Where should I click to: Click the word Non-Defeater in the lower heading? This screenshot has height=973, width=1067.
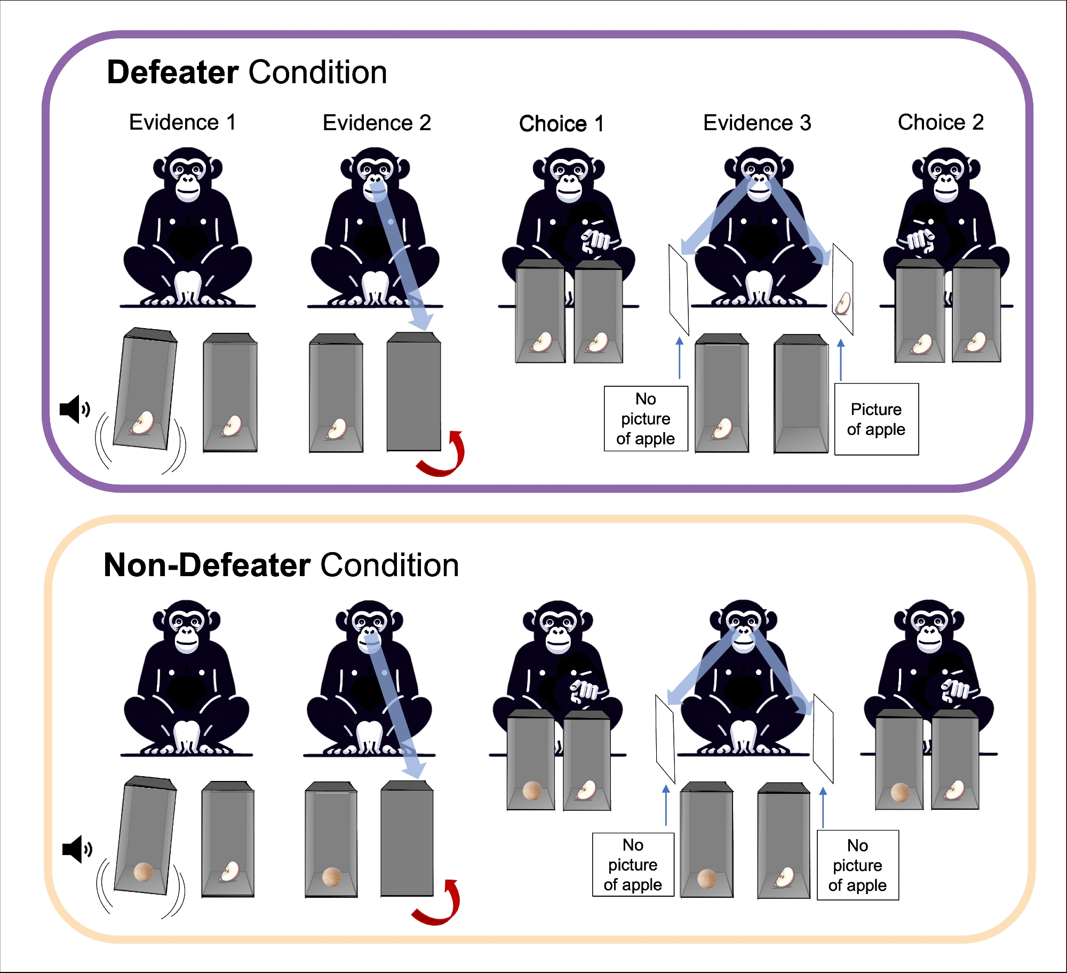click(x=207, y=565)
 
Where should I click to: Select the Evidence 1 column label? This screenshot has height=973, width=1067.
click(x=182, y=123)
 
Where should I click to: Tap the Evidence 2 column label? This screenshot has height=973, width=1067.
click(x=377, y=123)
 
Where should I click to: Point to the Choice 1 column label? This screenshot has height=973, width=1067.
click(x=561, y=124)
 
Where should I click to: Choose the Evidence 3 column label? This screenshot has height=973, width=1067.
click(x=757, y=123)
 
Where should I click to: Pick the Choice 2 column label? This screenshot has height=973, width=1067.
click(x=941, y=123)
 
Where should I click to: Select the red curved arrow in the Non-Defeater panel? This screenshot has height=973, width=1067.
click(x=438, y=904)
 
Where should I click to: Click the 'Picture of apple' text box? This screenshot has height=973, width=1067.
click(x=876, y=419)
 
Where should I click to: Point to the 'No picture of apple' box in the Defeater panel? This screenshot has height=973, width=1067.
click(x=646, y=419)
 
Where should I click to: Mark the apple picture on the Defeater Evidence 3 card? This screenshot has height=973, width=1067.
click(x=843, y=304)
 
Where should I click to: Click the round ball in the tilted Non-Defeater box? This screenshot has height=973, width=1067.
click(x=144, y=872)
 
